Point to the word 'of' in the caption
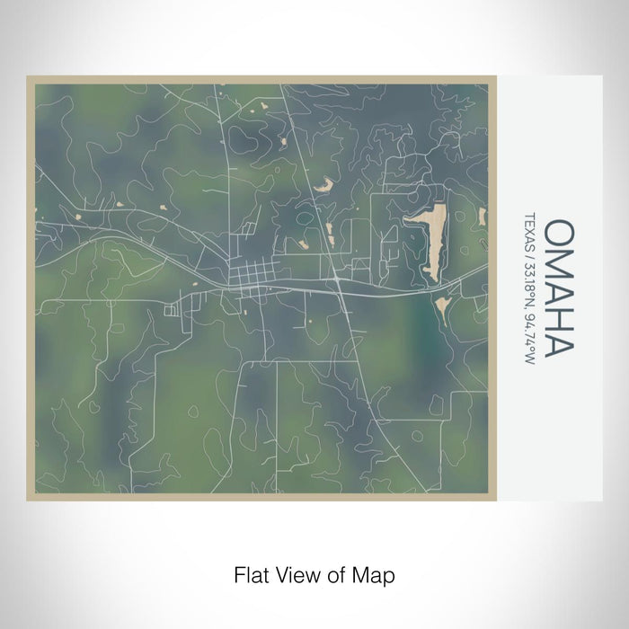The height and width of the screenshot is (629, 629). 340,572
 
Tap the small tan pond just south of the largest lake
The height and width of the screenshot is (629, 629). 442,308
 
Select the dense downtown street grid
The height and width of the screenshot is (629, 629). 246,273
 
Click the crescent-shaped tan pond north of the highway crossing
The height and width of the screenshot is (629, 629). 323,185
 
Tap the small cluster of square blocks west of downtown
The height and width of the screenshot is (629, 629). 172,310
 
